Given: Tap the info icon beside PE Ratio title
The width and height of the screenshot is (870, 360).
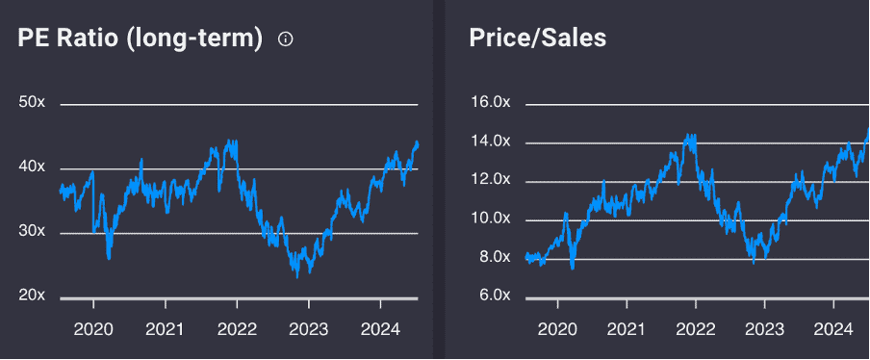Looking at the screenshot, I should tap(285, 39).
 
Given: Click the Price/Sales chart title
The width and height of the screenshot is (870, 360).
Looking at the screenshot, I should tap(537, 39).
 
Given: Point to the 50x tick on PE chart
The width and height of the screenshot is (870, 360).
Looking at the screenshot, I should tap(32, 103).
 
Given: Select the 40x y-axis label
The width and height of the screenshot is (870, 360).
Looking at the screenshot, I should tap(32, 167).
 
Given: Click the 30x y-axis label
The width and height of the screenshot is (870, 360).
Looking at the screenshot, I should tap(32, 232).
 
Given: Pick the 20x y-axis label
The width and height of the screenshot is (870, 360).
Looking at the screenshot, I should tap(32, 296).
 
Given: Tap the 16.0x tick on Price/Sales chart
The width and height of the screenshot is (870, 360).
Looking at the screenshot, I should tap(489, 103).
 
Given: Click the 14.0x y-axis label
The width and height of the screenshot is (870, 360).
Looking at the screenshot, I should tap(489, 141).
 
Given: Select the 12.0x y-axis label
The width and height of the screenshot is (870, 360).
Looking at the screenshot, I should tap(489, 180).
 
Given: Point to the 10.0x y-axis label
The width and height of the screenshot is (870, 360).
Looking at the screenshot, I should tap(489, 219).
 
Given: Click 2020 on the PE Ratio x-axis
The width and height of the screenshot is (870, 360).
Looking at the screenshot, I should tap(93, 329).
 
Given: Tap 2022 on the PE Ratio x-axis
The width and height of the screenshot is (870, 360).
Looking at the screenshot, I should tap(236, 329).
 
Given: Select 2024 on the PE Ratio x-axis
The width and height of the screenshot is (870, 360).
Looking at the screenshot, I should tap(378, 329).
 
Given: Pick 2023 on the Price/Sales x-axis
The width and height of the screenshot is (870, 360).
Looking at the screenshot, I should tap(763, 329).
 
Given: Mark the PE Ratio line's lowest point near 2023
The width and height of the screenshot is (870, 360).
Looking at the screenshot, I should tap(297, 275).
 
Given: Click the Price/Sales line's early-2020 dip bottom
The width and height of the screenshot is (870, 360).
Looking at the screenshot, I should tap(573, 269).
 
